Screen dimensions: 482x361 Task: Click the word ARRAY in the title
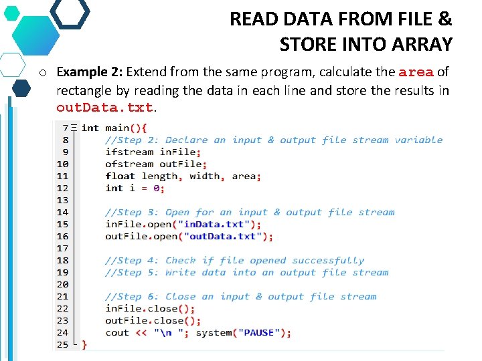click(x=420, y=45)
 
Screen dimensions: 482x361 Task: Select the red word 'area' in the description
click(x=416, y=72)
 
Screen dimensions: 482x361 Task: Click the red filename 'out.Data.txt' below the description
click(x=104, y=107)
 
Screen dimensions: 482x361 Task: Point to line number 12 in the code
click(x=62, y=188)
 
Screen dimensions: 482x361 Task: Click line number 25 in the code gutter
click(x=62, y=344)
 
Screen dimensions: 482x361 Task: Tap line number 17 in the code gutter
click(x=62, y=248)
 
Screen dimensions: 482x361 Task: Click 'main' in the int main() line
click(x=117, y=128)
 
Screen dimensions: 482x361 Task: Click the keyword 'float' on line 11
click(x=120, y=176)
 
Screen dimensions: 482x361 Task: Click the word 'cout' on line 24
click(x=117, y=332)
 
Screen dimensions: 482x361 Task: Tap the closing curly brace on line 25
click(x=84, y=345)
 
